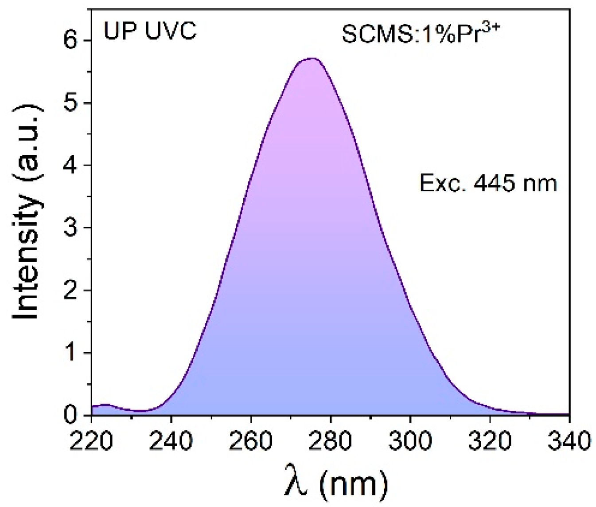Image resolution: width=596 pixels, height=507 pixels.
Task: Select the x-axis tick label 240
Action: click(171, 441)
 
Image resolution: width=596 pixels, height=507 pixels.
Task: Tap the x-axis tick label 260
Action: click(251, 441)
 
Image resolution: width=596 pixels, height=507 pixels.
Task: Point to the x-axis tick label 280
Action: click(331, 441)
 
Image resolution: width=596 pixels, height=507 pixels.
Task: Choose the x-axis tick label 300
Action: click(410, 441)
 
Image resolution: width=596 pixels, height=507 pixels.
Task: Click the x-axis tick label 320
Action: click(490, 441)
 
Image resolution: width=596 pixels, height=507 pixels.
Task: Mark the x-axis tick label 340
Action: click(569, 441)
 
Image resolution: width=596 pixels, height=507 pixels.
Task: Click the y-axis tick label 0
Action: click(71, 415)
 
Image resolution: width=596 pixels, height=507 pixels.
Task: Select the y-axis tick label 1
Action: click(71, 353)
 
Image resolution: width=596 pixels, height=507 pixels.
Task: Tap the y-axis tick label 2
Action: click(71, 291)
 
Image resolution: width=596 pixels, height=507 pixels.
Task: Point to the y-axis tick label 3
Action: click(71, 228)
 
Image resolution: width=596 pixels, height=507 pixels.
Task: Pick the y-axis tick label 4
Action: click(71, 165)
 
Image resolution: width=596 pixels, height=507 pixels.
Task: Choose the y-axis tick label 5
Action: click(71, 103)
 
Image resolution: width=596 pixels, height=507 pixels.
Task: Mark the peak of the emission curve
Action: click(313, 58)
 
